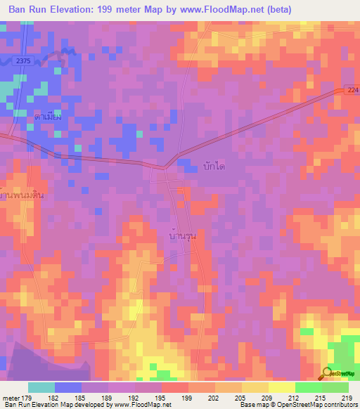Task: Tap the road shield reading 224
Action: pos(352,91)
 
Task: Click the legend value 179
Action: pos(27,397)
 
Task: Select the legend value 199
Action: pos(187,397)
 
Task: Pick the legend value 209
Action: pos(267,397)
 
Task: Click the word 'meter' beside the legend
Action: pos(10,397)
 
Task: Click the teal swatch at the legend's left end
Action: pos(41,387)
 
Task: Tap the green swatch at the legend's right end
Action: pos(335,387)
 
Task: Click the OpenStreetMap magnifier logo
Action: pos(327,375)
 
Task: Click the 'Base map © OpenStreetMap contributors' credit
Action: pos(298,405)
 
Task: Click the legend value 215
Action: pos(321,397)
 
